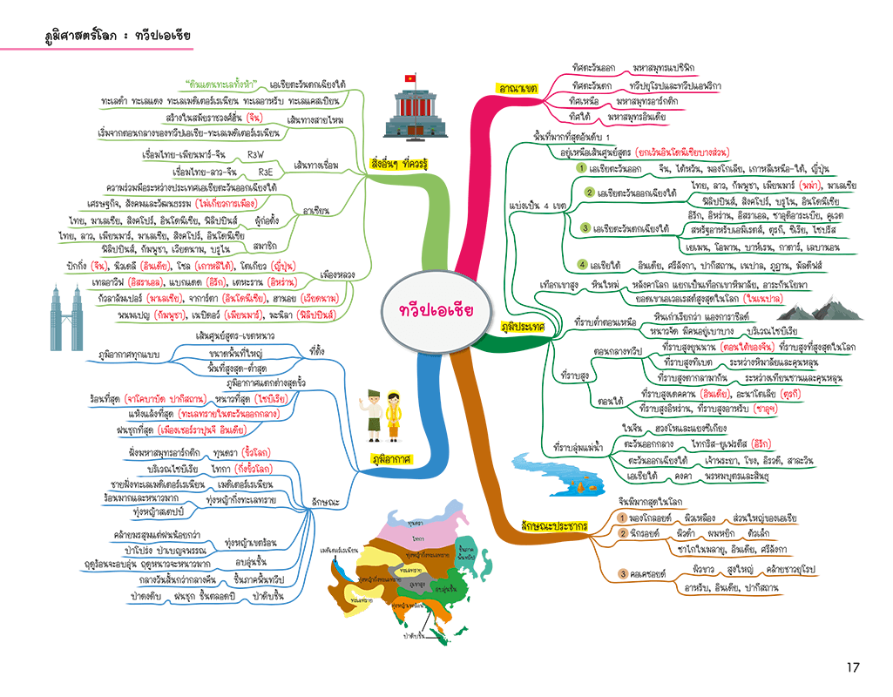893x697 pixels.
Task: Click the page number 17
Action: tap(852, 667)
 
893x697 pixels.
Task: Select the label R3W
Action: tap(256, 153)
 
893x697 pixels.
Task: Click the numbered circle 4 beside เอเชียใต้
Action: tap(582, 264)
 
